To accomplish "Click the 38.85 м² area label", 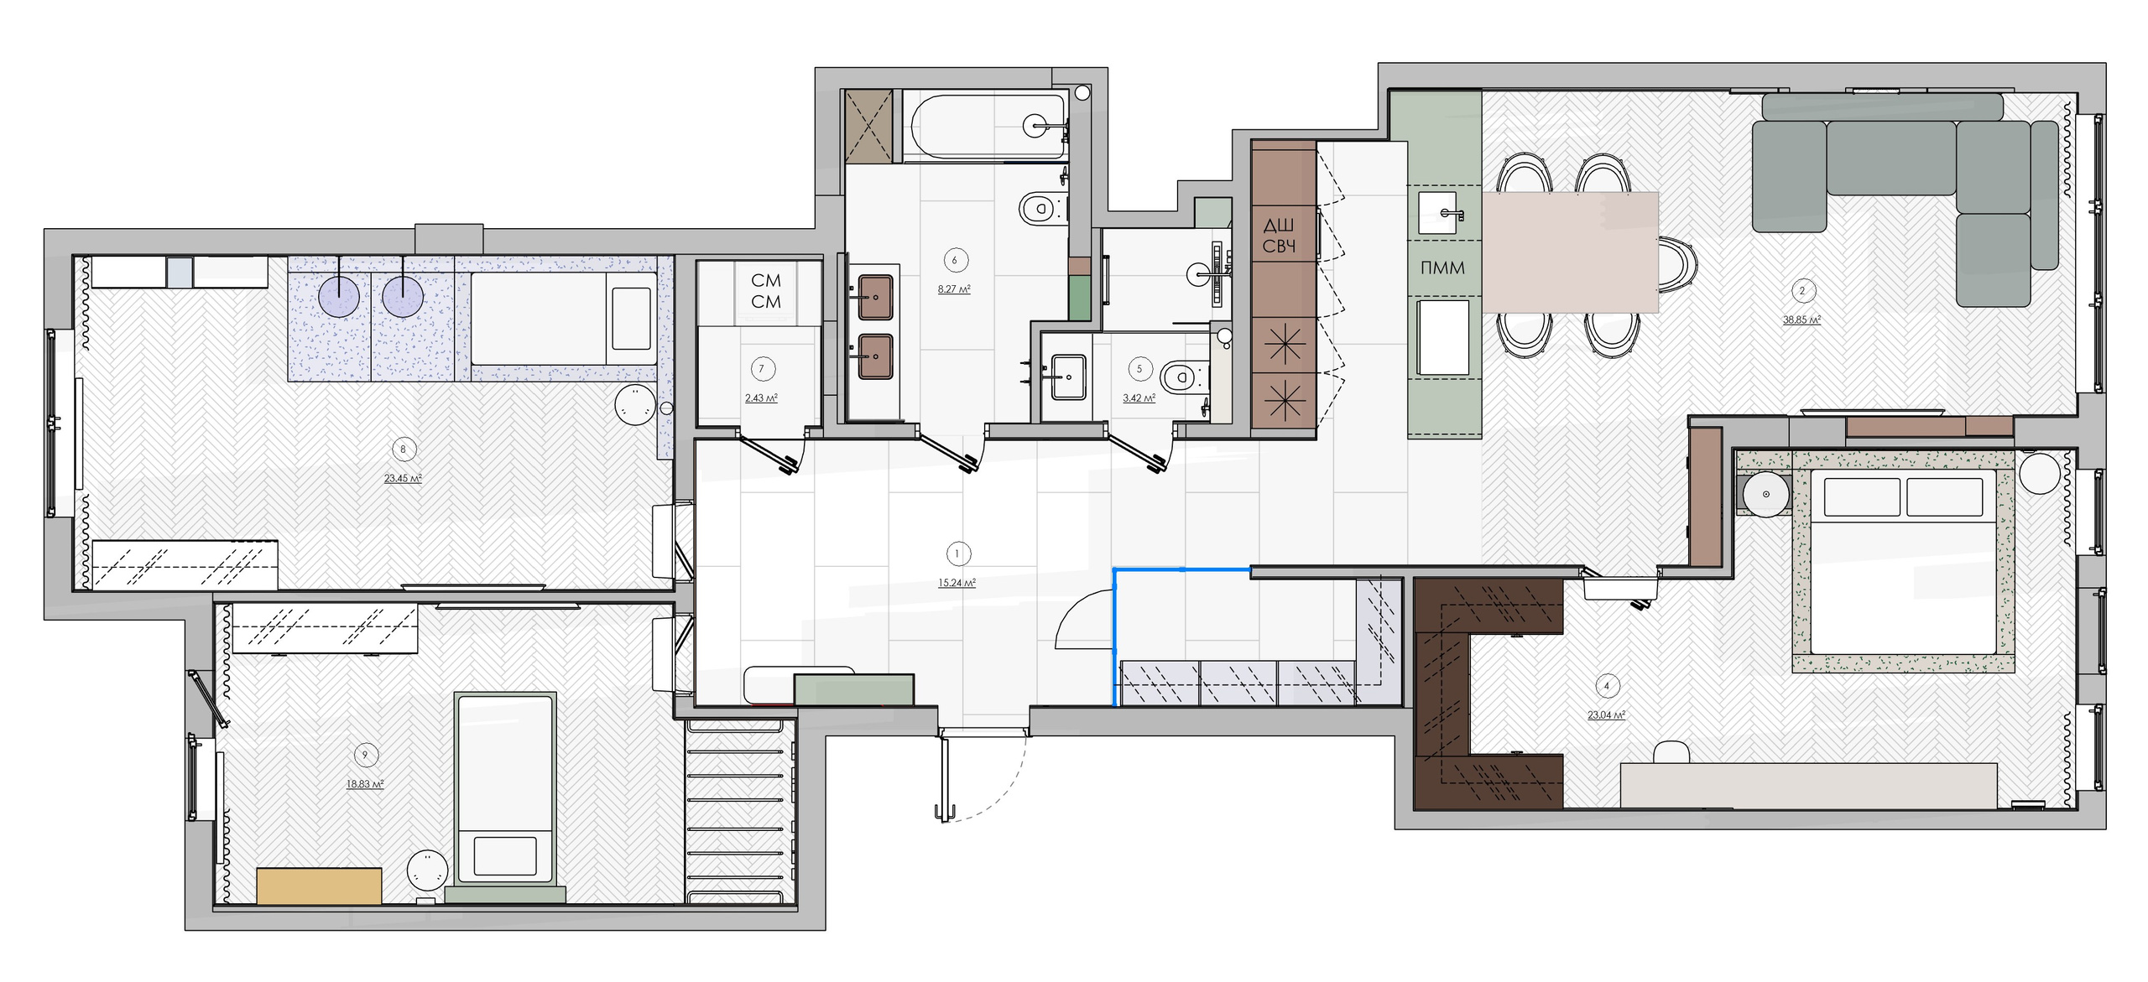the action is (1801, 320).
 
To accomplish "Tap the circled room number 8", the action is (403, 449).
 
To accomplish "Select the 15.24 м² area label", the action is (957, 583).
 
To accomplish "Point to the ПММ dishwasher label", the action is (1442, 268).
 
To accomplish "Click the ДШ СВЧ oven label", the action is (1279, 236).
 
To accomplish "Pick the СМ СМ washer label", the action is (765, 291).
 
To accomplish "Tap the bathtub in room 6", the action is (986, 127).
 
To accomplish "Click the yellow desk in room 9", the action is (319, 886).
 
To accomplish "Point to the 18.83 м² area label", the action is (365, 784).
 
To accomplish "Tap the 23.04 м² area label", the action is (1606, 715).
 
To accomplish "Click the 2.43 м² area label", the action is (761, 398).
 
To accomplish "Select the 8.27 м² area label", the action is (954, 289).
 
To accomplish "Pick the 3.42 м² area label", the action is (1139, 398).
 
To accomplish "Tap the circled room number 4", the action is (1607, 686).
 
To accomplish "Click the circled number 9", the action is (365, 755).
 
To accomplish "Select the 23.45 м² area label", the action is (403, 479).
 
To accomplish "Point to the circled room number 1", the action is (957, 553).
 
